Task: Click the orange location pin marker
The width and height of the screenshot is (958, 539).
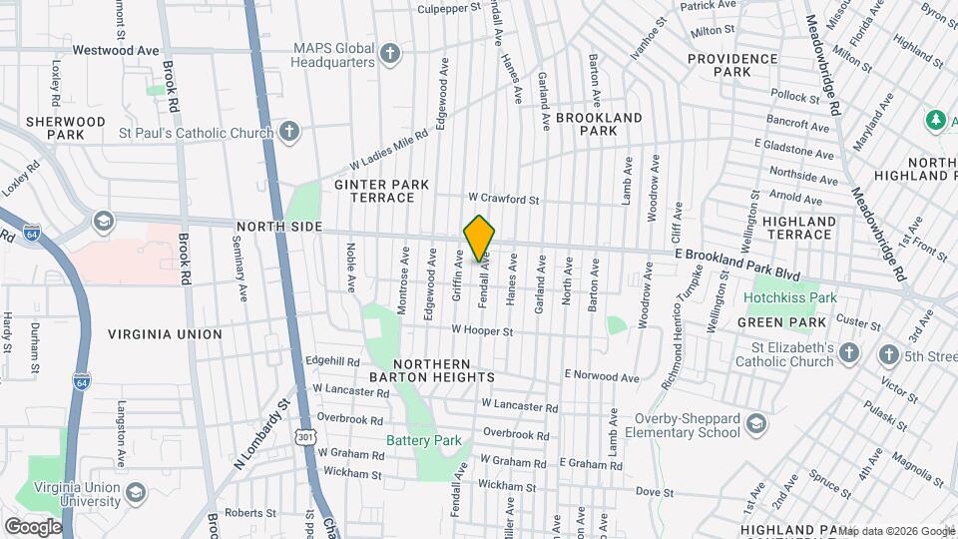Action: click(479, 238)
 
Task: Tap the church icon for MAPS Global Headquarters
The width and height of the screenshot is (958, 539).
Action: click(390, 53)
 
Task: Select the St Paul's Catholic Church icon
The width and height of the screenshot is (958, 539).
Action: click(288, 132)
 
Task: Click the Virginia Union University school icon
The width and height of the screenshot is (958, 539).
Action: click(136, 492)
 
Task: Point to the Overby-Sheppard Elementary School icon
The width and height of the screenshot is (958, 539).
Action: click(756, 424)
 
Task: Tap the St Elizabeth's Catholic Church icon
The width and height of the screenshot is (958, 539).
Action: click(848, 353)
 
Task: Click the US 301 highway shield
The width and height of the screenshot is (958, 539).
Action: click(302, 436)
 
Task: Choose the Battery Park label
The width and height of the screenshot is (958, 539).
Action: click(424, 440)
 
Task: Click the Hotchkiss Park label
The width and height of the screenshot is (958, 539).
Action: click(794, 297)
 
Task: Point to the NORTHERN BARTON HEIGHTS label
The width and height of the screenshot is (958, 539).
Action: click(444, 370)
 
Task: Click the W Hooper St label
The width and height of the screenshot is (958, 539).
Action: click(482, 329)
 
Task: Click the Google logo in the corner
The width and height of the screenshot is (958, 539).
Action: click(33, 526)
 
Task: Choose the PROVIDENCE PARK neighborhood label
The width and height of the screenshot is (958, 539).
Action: click(732, 65)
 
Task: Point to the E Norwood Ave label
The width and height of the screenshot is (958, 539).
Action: click(601, 376)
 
